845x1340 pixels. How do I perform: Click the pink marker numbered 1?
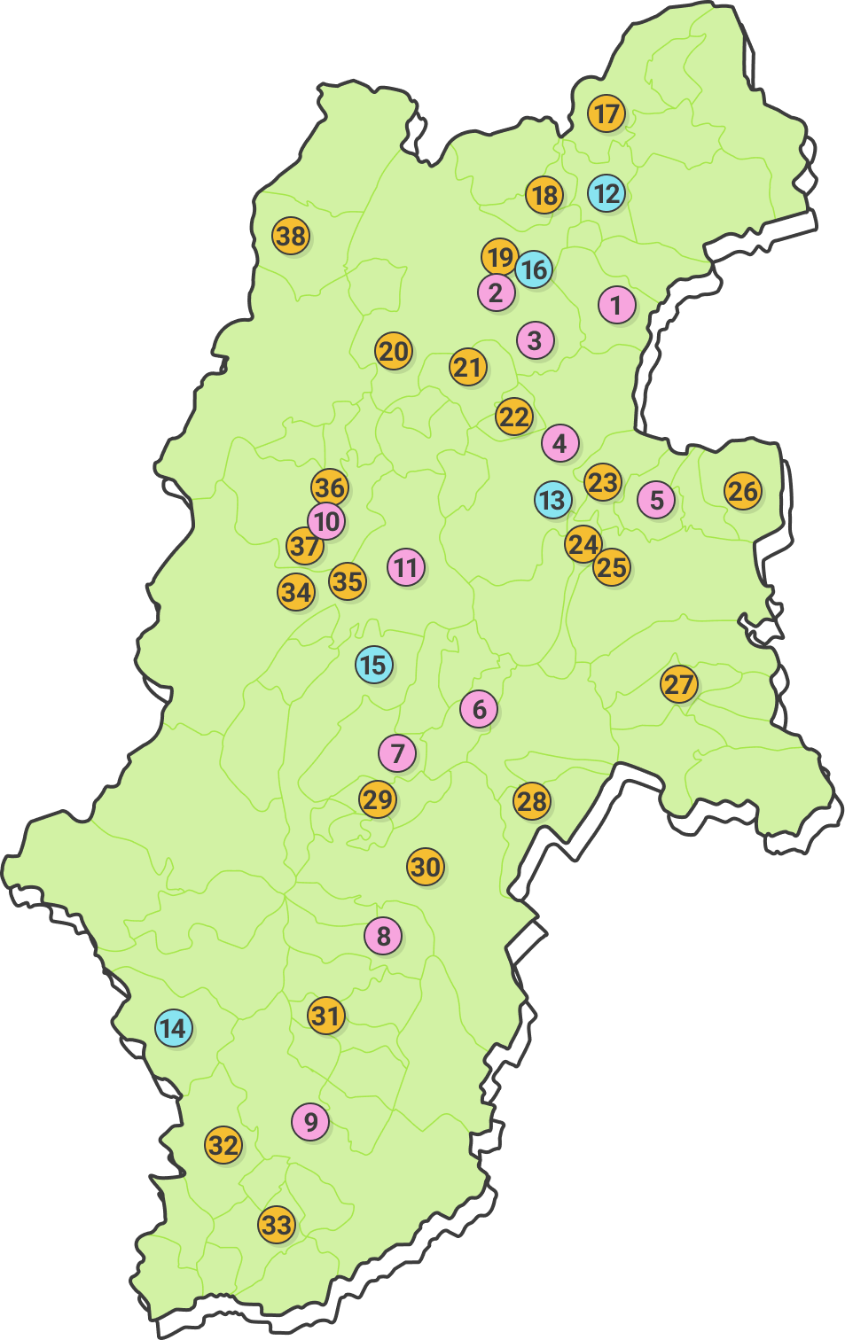(x=616, y=306)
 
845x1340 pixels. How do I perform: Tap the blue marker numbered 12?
(x=606, y=193)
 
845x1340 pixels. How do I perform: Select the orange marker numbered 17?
(x=606, y=113)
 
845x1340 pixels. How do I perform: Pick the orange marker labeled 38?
(x=291, y=236)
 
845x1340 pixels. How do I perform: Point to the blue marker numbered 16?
(x=534, y=269)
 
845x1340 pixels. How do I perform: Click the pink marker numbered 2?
(x=496, y=292)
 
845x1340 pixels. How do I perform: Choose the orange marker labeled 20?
(x=394, y=351)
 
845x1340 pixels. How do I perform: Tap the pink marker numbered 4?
(x=559, y=443)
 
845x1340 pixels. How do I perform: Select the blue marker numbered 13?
(x=552, y=500)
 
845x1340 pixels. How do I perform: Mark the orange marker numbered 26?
(x=742, y=490)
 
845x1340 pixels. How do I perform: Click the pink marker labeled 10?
(x=326, y=521)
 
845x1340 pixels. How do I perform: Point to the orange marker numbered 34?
(x=296, y=591)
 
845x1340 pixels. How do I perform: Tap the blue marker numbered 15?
(x=373, y=665)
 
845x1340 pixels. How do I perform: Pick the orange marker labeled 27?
(x=679, y=684)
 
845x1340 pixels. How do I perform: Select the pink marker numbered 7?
(x=397, y=753)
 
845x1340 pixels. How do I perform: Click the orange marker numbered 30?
(x=426, y=866)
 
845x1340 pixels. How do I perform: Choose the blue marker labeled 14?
(x=174, y=1028)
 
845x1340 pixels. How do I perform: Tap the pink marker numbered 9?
(x=310, y=1121)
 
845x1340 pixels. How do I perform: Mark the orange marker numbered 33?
(x=277, y=1225)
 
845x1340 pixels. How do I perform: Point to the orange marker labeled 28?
(x=532, y=801)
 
